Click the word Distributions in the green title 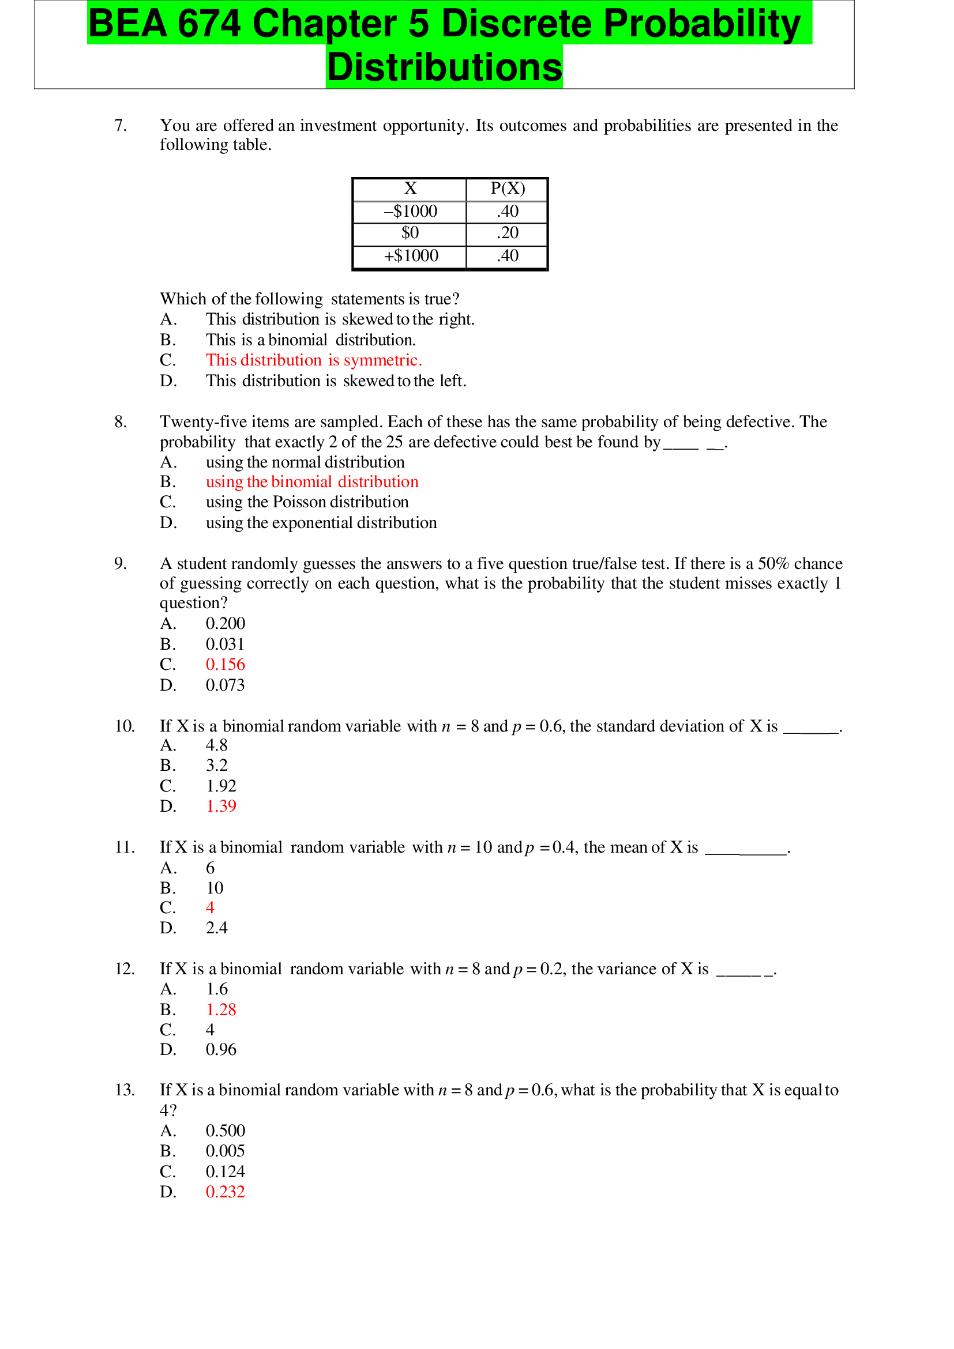coord(444,67)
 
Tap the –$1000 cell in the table coord(410,212)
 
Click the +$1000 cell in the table coord(411,256)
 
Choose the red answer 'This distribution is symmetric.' coord(313,360)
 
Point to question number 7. coord(121,125)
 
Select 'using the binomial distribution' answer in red coord(311,482)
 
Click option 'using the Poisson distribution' coord(307,502)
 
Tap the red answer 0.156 coord(225,665)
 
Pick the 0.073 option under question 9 coord(224,685)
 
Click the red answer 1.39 coord(220,806)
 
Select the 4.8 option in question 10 coord(216,745)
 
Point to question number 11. coord(125,847)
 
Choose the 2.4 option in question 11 coord(216,928)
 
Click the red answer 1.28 coord(220,1009)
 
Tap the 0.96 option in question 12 coord(220,1049)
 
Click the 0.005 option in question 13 coord(224,1151)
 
